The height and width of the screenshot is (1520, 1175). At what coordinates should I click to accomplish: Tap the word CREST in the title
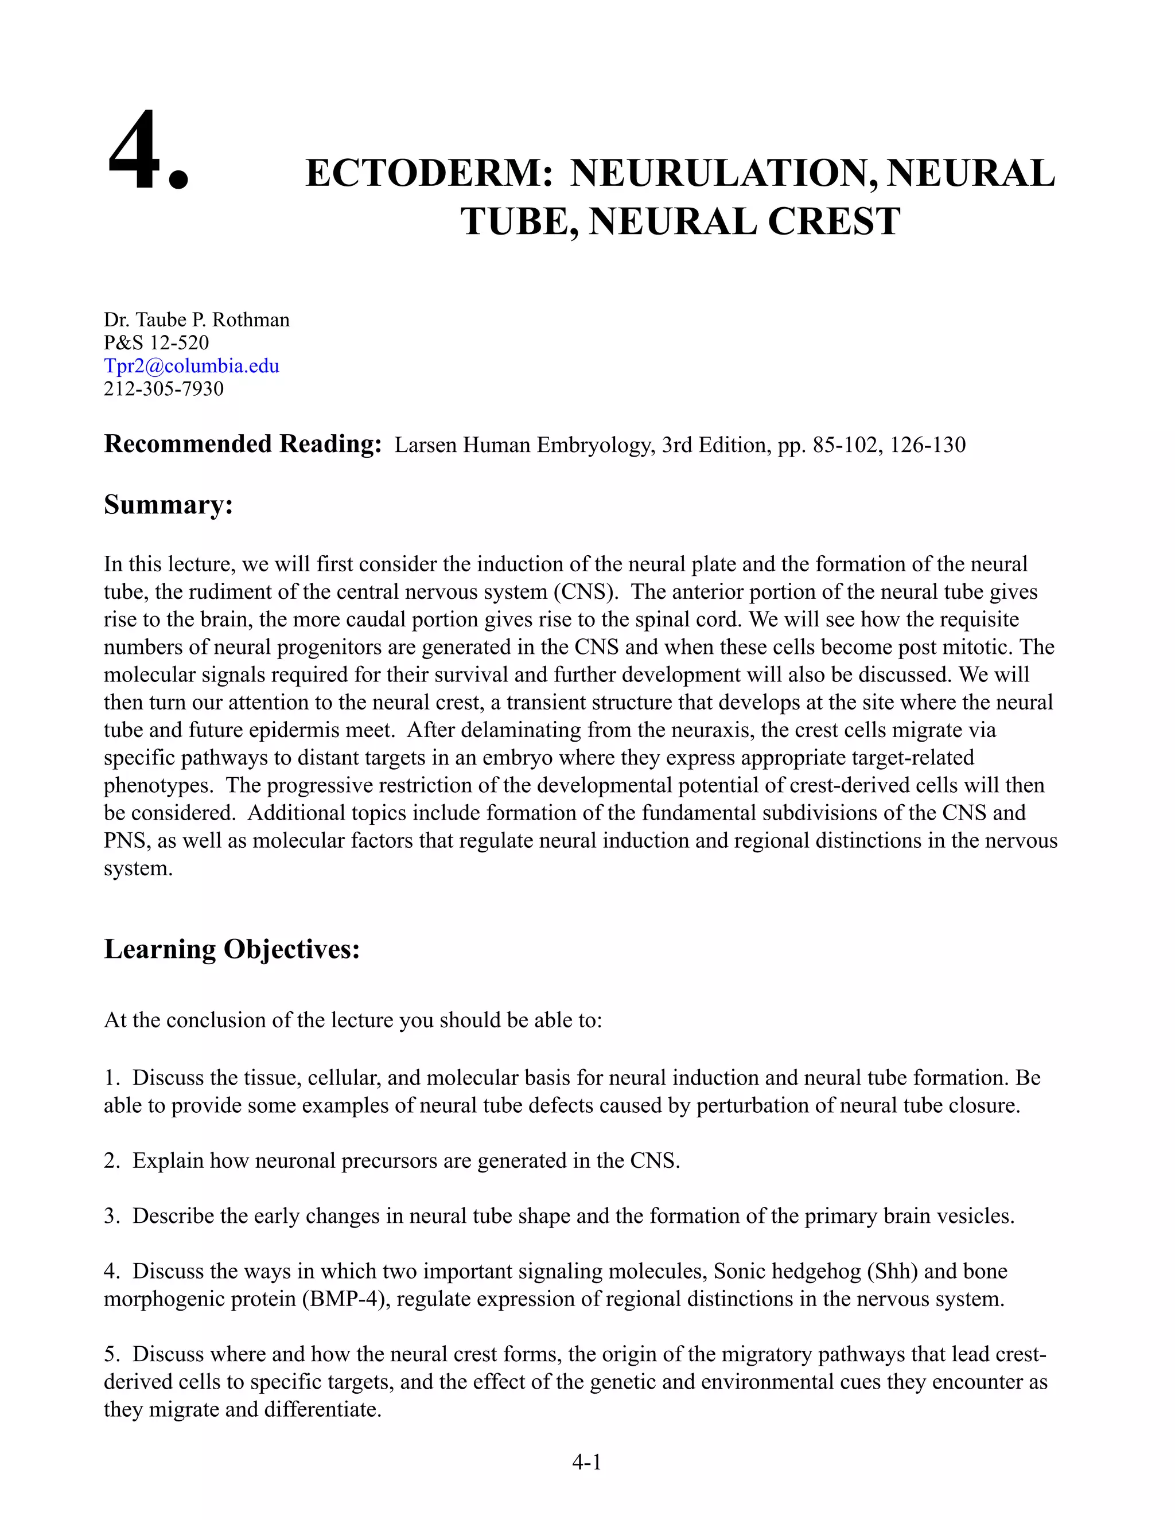(833, 222)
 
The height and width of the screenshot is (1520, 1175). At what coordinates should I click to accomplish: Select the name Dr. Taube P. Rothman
(196, 320)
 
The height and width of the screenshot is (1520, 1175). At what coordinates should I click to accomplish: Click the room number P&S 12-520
(156, 342)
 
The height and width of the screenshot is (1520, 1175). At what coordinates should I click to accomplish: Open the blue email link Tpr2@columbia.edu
(192, 365)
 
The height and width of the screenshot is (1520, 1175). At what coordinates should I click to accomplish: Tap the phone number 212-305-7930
(164, 388)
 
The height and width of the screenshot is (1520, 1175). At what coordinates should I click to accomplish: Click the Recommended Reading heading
(242, 444)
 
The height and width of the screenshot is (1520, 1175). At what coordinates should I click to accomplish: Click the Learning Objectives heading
(232, 949)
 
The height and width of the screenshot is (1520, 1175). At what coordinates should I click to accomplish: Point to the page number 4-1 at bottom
(586, 1462)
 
